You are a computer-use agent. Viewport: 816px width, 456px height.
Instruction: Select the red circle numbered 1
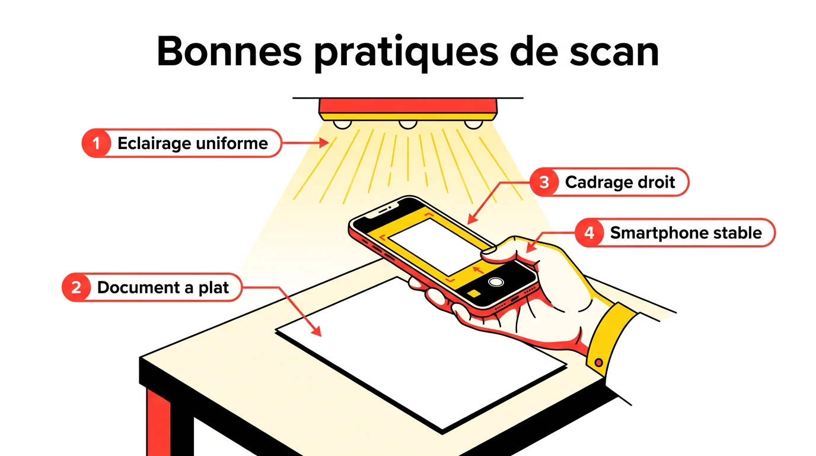coord(96,143)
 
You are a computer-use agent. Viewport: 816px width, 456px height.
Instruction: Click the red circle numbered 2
coord(76,288)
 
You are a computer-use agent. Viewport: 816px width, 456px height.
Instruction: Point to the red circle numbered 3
coord(544,182)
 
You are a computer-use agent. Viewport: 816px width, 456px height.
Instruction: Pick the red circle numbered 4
coord(589,233)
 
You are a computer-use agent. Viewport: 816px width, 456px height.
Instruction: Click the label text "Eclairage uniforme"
coord(193,143)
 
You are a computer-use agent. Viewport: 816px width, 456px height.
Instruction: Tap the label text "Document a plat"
coord(163,288)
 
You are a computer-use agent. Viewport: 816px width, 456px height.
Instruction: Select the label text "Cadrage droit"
coord(620,182)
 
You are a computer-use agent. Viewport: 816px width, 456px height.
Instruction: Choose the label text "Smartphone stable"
coord(686,233)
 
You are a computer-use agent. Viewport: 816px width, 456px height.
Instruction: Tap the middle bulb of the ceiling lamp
coord(407,124)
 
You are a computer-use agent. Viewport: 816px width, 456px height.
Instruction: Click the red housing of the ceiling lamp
coord(407,108)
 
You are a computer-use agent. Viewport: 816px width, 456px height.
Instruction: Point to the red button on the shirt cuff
coord(598,362)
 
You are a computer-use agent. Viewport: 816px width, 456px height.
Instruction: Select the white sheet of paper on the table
coord(415,356)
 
